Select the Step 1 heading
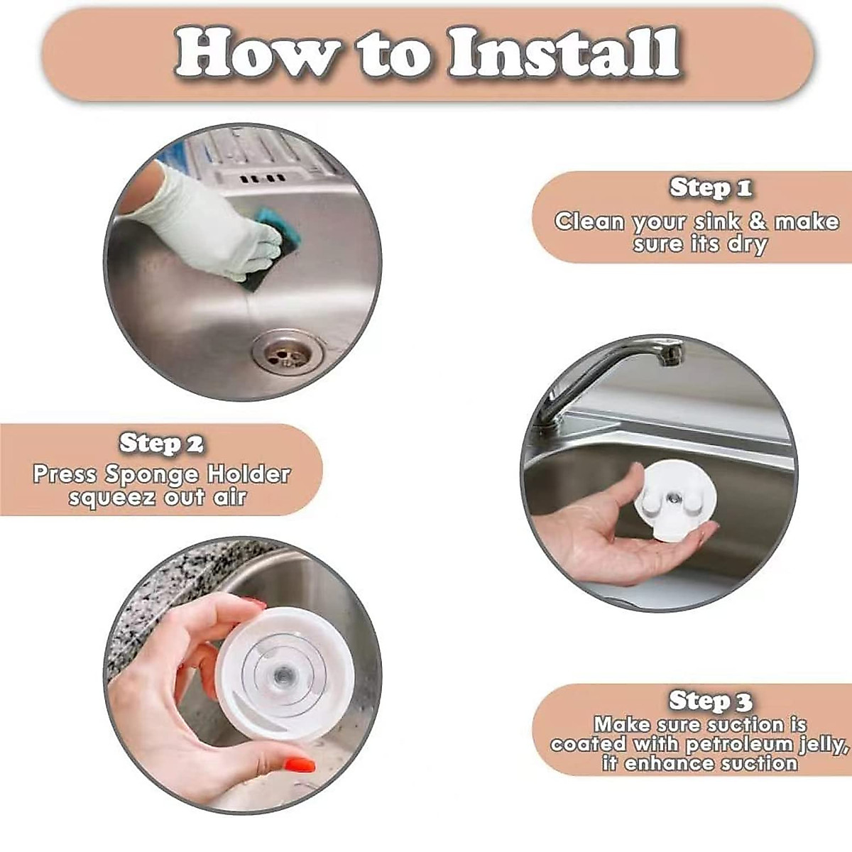[x=710, y=187]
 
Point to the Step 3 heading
[x=710, y=700]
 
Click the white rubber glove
[x=208, y=221]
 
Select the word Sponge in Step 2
[x=152, y=475]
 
